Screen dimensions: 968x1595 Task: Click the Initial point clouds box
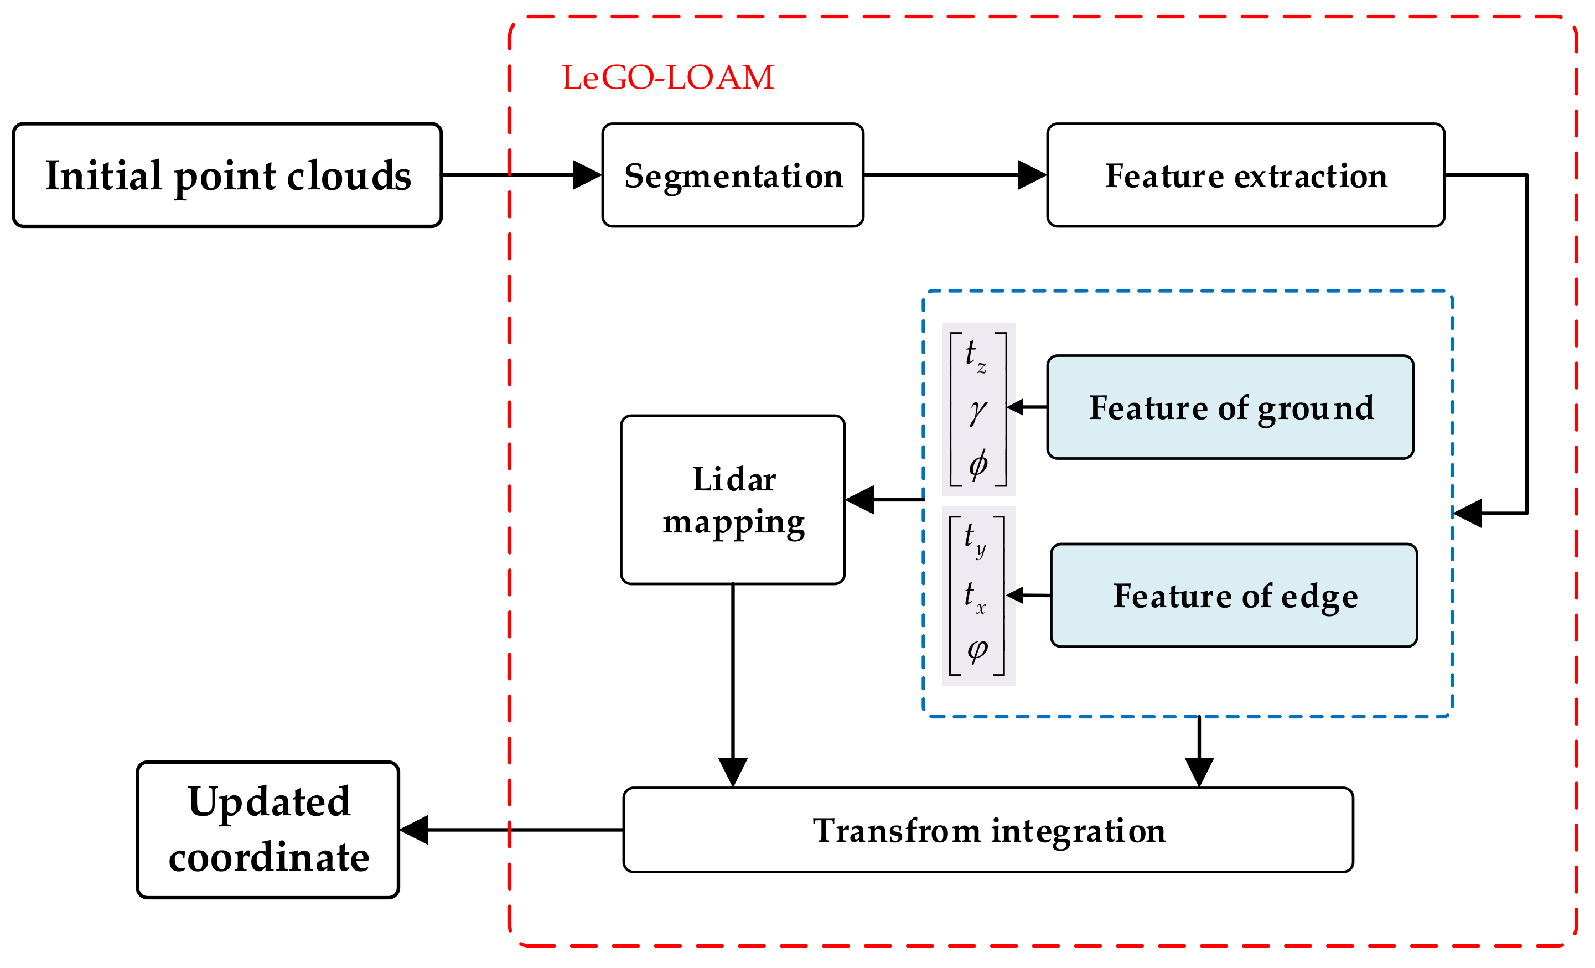pyautogui.click(x=227, y=175)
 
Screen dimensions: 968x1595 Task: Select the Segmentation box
pyautogui.click(x=732, y=175)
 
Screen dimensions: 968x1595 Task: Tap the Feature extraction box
pyautogui.click(x=1245, y=175)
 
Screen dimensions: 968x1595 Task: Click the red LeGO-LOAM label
pyautogui.click(x=667, y=77)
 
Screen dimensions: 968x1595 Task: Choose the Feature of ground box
pyautogui.click(x=1230, y=407)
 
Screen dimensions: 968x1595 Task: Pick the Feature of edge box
pyautogui.click(x=1234, y=595)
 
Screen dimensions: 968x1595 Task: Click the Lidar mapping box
pyautogui.click(x=732, y=499)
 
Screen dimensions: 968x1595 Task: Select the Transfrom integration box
pyautogui.click(x=988, y=830)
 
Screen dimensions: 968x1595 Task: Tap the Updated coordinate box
pyautogui.click(x=267, y=830)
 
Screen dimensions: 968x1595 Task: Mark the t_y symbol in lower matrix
pyautogui.click(x=974, y=537)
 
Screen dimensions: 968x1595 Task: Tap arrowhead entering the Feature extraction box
pyautogui.click(x=1032, y=175)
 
